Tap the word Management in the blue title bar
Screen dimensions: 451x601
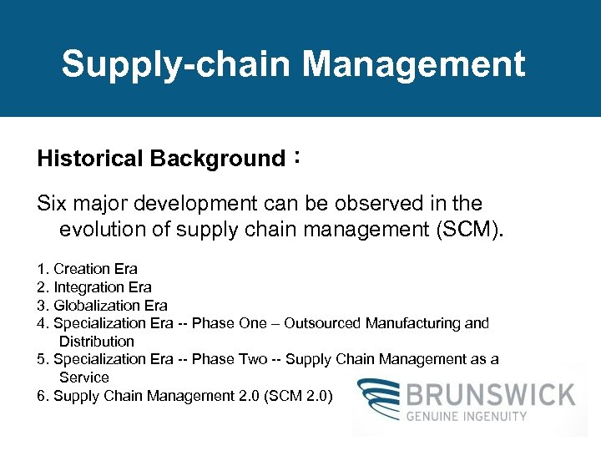tap(414, 65)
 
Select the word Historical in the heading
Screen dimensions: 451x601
tap(90, 159)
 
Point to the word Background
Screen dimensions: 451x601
tap(218, 159)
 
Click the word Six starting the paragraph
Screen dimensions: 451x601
tap(53, 203)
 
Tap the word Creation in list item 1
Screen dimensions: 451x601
tap(82, 269)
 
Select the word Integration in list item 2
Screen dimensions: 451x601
tap(88, 287)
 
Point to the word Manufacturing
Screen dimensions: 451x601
tap(412, 323)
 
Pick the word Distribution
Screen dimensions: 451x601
tap(97, 341)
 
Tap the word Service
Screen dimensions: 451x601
tap(84, 378)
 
